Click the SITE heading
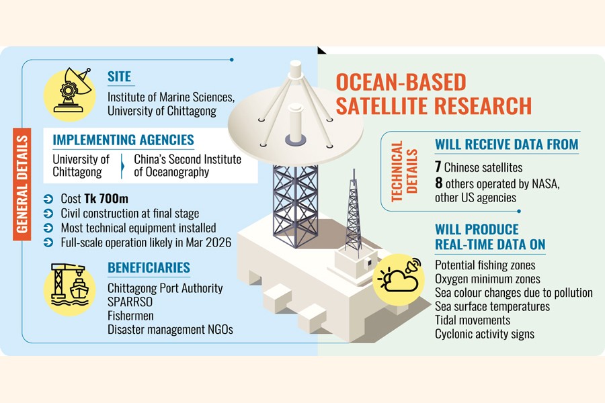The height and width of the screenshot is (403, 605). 119,77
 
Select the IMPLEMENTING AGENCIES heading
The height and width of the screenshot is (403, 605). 124,140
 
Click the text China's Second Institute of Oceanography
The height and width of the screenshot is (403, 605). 188,165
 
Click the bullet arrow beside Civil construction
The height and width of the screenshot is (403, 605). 48,214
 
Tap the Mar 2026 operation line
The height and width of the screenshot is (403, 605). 146,242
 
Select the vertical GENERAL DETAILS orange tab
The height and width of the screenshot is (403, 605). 22,184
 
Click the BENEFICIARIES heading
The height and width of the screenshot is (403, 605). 149,267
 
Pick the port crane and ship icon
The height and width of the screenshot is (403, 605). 69,287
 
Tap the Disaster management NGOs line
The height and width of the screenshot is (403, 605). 170,329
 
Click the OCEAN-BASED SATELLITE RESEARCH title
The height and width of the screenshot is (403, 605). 434,94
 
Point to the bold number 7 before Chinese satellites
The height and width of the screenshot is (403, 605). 438,167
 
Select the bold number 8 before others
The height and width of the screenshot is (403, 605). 439,183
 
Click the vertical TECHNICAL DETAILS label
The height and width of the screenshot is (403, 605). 405,171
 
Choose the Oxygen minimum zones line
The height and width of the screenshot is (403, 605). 488,279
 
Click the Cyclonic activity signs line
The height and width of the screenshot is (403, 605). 485,334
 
